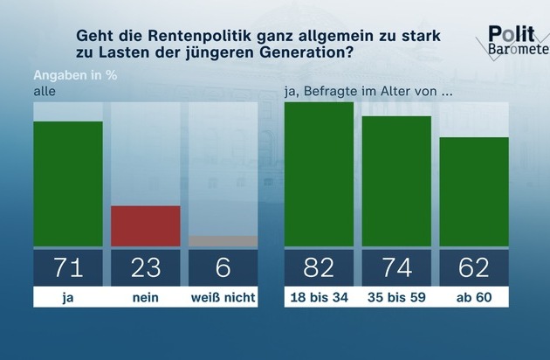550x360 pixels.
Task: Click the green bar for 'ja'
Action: (x=67, y=183)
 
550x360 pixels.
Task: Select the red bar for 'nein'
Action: (x=145, y=225)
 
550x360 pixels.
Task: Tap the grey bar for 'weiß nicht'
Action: (x=223, y=240)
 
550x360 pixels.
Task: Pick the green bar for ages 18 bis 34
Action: (x=320, y=174)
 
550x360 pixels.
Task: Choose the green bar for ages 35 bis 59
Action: (x=396, y=181)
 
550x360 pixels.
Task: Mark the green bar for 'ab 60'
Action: (x=474, y=191)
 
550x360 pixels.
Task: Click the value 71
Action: (x=67, y=267)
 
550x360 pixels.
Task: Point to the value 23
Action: (x=145, y=267)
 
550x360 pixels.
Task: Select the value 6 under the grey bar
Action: (x=223, y=267)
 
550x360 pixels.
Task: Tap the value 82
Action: (x=320, y=267)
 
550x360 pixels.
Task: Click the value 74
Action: (x=396, y=267)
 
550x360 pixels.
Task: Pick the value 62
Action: (x=474, y=267)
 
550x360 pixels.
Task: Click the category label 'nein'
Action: (x=145, y=297)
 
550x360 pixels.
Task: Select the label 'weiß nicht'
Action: (x=223, y=297)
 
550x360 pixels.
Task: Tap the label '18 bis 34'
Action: (x=320, y=297)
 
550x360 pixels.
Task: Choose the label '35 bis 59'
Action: (x=396, y=297)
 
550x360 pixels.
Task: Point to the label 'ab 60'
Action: (x=474, y=297)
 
